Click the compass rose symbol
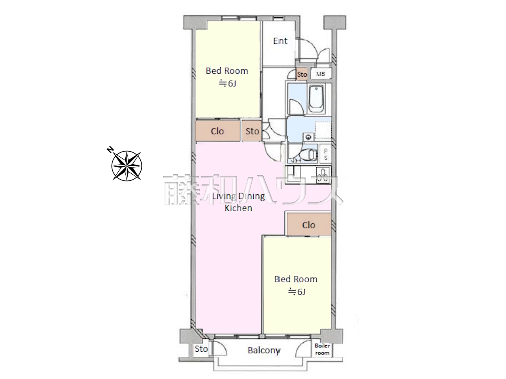[126, 165]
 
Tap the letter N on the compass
[110, 149]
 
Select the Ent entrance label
[280, 41]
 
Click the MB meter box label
[321, 74]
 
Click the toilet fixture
[308, 154]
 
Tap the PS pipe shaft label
[326, 154]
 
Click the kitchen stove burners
[323, 175]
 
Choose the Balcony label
[264, 350]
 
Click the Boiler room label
[322, 349]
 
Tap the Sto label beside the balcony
[201, 349]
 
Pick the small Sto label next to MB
[302, 74]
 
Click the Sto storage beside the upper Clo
[252, 131]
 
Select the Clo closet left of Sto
[217, 131]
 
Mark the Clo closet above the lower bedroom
[308, 225]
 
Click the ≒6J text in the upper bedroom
[227, 83]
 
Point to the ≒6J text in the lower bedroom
[296, 292]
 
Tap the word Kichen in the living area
[238, 208]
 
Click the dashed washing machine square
[323, 130]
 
